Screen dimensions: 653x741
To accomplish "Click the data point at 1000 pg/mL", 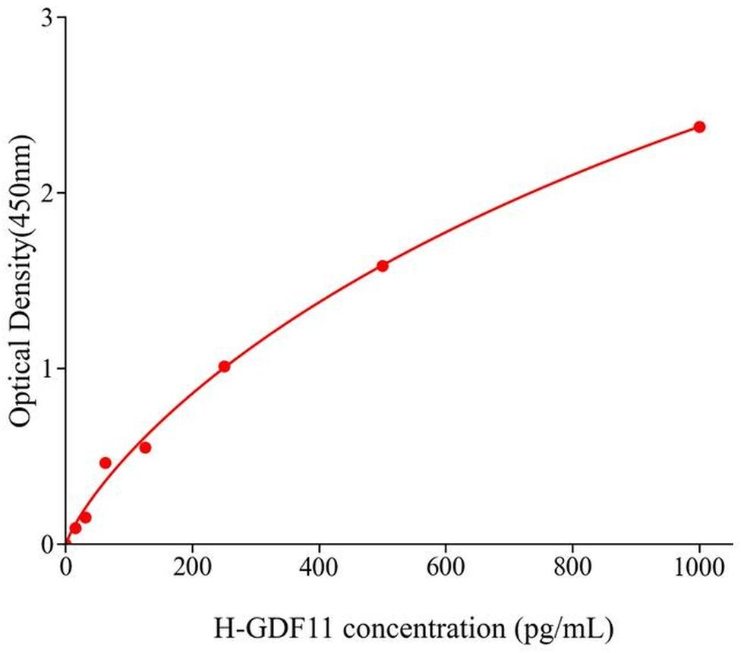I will coord(699,127).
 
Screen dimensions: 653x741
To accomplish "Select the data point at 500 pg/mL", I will coord(383,266).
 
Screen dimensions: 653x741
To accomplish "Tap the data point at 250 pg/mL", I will coord(224,367).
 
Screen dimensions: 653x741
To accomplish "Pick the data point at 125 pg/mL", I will coord(145,447).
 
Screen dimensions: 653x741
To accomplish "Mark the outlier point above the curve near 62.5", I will coord(106,463).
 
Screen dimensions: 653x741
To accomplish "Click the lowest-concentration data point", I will coord(75,528).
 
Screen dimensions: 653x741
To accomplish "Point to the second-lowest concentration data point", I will coord(85,518).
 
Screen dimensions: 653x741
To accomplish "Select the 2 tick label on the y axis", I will coord(46,193).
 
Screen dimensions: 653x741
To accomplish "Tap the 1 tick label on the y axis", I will coord(46,368).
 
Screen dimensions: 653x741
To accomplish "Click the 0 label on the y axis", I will coord(46,544).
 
